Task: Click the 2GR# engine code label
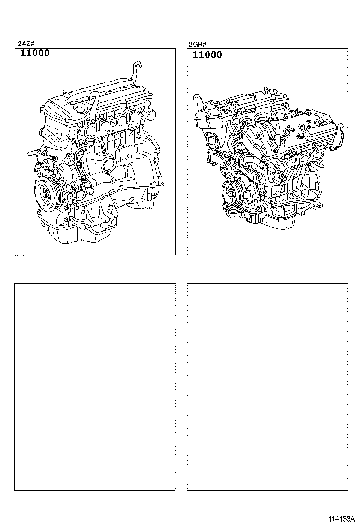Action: click(198, 45)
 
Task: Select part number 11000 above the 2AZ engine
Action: click(35, 54)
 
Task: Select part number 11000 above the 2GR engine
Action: click(207, 55)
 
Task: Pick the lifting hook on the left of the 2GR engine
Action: click(196, 100)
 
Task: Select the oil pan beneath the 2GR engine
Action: click(279, 223)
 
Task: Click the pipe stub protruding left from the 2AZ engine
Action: click(32, 153)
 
